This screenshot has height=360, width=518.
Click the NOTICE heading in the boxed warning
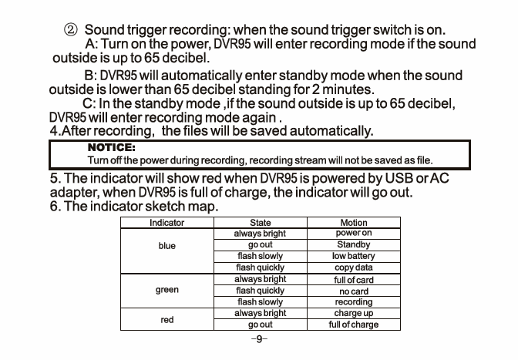[112, 146]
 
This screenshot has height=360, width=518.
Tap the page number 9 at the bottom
[259, 338]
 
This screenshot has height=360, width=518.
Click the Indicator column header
[166, 223]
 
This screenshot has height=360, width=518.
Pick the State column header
[260, 223]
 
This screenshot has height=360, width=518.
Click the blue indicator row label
[166, 246]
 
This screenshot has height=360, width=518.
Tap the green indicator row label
[166, 291]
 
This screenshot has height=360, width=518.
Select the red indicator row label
[166, 319]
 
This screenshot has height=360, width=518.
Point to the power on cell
[354, 233]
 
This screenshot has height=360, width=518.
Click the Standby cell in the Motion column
[354, 244]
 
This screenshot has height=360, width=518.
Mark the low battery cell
[354, 256]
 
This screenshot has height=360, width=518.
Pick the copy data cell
[354, 267]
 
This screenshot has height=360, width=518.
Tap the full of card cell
[354, 280]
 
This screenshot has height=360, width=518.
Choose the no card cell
[354, 291]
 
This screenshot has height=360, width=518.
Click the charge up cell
[354, 314]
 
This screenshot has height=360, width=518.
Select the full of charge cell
[354, 325]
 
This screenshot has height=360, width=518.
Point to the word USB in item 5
[413, 179]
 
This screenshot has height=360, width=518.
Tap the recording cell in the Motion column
[354, 303]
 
